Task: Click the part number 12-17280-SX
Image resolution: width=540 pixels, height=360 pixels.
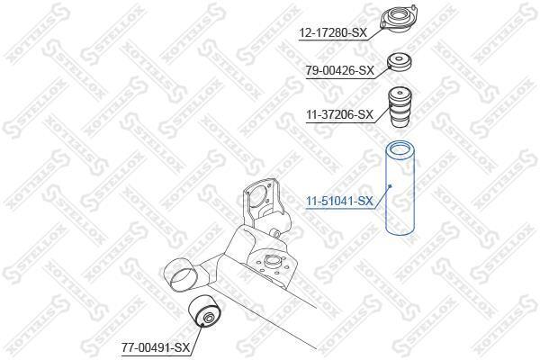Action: (x=333, y=32)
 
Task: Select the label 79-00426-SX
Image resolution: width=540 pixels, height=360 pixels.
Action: (x=340, y=71)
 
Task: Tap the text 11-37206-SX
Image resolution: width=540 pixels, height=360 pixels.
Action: (x=340, y=114)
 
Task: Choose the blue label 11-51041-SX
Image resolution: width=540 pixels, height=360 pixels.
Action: (x=339, y=202)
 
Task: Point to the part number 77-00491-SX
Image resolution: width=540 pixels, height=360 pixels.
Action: (x=156, y=348)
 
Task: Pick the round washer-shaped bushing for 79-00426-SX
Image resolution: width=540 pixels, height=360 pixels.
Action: (x=400, y=63)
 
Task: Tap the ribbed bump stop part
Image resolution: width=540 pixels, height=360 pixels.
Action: (x=400, y=107)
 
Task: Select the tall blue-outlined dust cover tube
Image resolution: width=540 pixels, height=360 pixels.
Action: (x=400, y=188)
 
